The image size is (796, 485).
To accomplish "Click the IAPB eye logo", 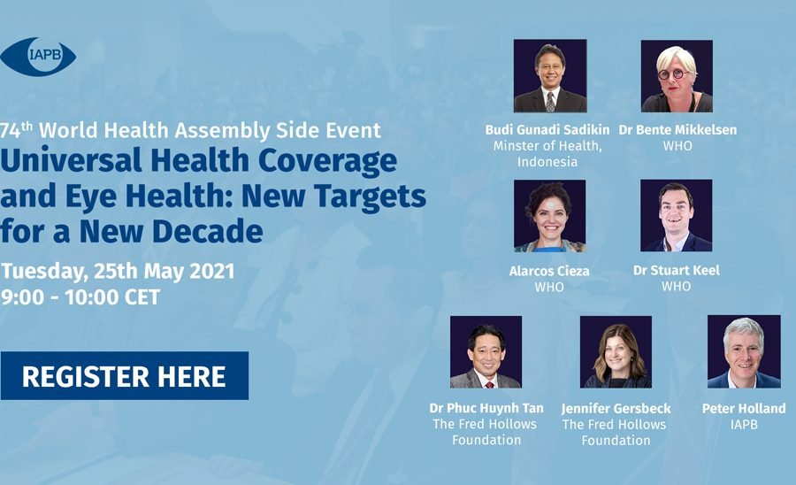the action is click(38, 57).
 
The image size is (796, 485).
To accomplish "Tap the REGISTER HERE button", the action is click(125, 376).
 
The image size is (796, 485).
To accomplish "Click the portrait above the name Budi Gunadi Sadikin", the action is click(550, 75).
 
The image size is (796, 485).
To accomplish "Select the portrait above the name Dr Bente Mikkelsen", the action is click(677, 76).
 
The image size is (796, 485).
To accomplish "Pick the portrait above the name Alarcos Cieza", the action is click(550, 216).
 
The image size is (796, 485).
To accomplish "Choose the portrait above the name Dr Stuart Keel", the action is click(677, 215).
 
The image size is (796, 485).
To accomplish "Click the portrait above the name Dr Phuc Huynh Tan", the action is click(486, 352).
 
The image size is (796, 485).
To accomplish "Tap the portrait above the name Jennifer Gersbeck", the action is click(616, 352).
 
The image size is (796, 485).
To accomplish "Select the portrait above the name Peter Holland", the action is click(744, 351).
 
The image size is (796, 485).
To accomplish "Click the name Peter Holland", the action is click(744, 408).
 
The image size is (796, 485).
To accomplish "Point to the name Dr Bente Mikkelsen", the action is click(677, 130).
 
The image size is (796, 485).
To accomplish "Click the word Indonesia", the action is click(547, 162).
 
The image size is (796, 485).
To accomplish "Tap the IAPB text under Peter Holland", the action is click(744, 425).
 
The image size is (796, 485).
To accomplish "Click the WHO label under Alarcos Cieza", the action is click(549, 288).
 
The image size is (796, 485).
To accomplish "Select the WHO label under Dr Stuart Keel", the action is click(677, 287).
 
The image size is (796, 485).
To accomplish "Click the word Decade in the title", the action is click(208, 232).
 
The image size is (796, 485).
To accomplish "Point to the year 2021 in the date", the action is click(211, 271).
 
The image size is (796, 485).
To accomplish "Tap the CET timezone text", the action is click(142, 297).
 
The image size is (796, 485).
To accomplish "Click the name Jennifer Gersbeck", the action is click(616, 409).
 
